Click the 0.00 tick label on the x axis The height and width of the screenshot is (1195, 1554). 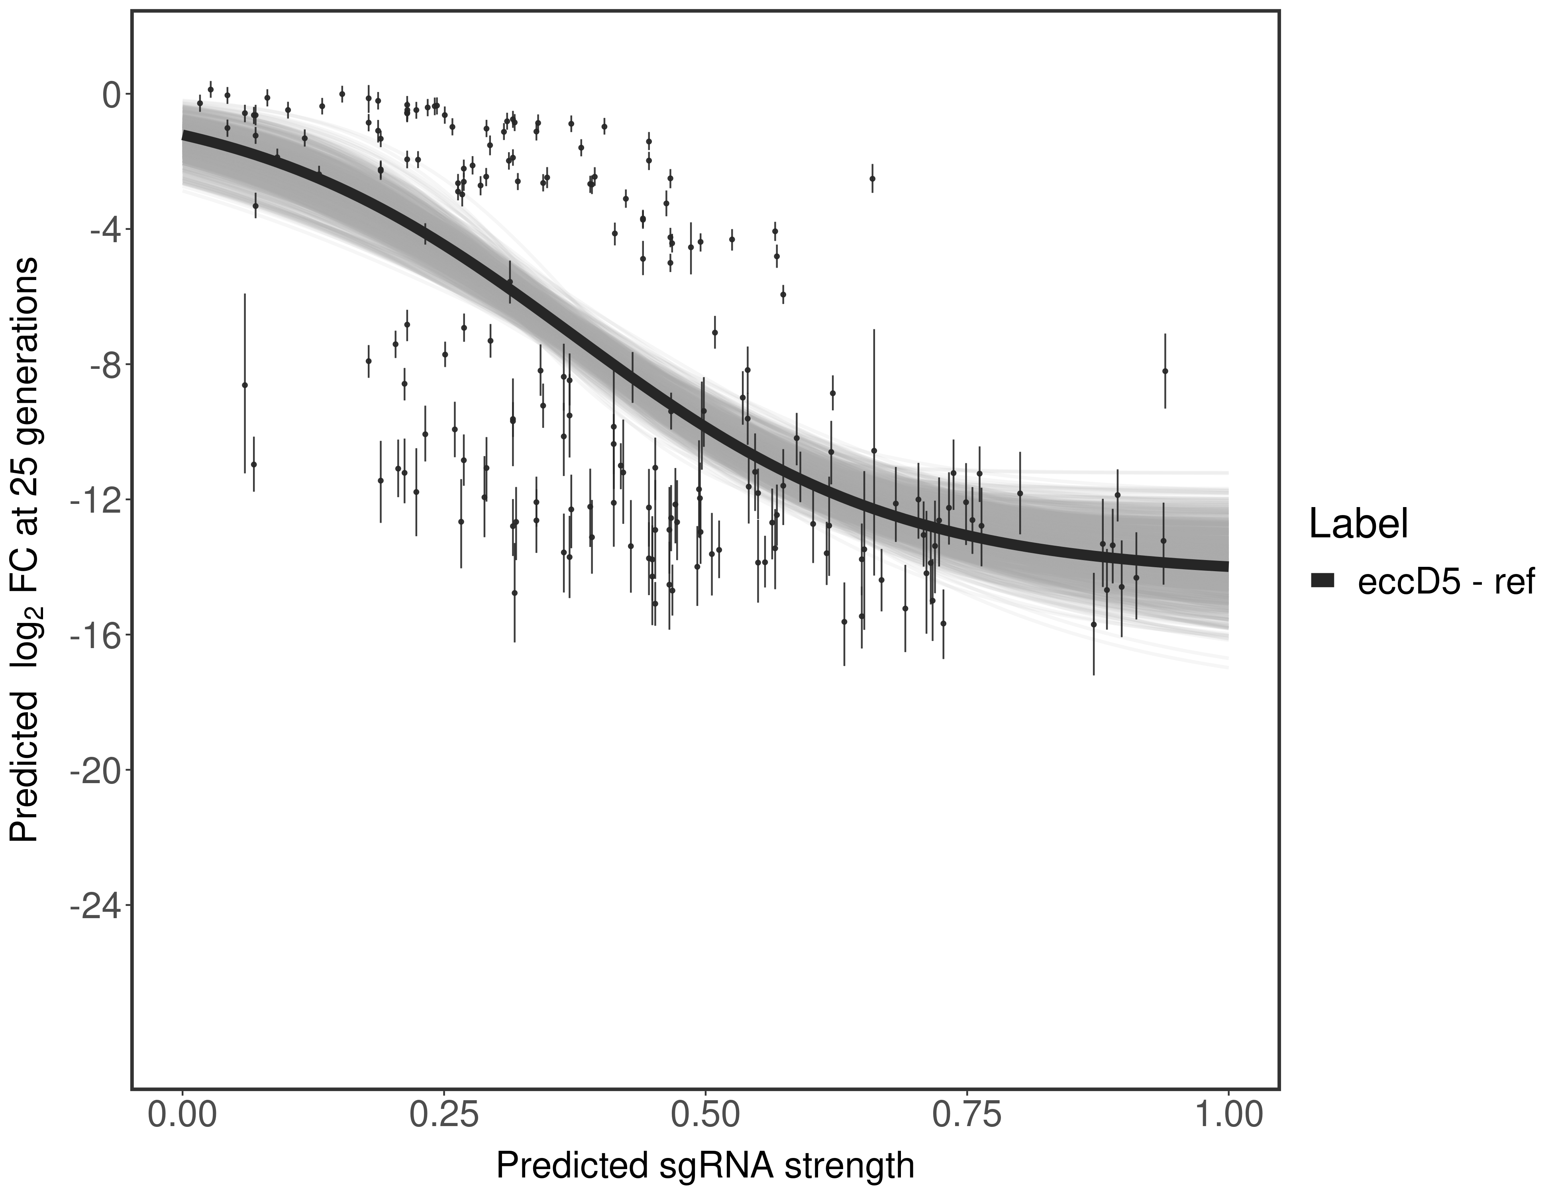[x=183, y=1115]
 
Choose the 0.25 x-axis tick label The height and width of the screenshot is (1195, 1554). [x=444, y=1115]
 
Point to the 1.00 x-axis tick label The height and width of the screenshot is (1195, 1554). [x=1227, y=1115]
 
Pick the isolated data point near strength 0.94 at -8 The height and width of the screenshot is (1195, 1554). [x=1165, y=370]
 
